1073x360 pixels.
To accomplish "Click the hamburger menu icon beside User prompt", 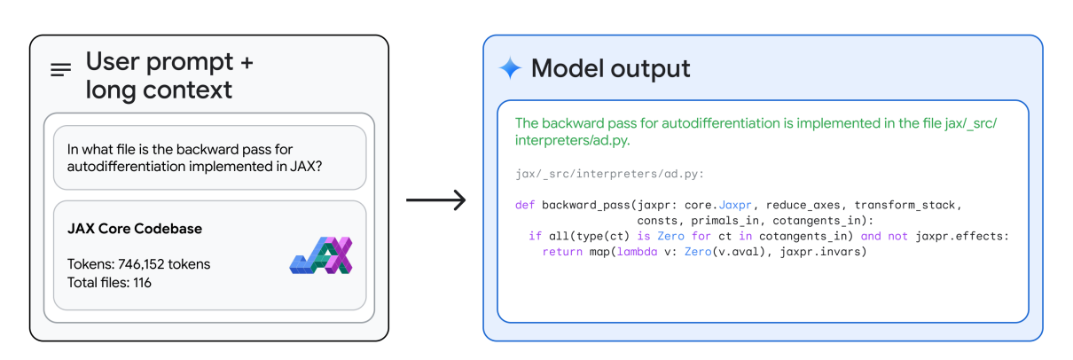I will point(61,70).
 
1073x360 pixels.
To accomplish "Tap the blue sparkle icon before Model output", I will point(510,68).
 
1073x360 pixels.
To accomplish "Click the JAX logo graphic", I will point(321,255).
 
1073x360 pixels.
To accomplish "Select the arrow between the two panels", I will point(435,200).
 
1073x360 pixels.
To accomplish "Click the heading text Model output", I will point(610,68).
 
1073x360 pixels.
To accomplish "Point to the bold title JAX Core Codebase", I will point(135,229).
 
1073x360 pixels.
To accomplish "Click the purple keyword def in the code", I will point(524,205).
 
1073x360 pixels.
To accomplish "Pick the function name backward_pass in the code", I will point(582,205).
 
